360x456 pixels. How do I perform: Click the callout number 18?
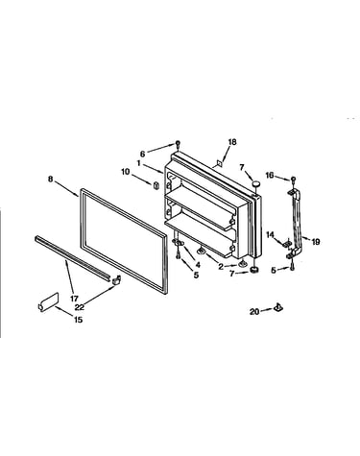click(232, 142)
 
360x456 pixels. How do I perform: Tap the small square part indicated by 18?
click(220, 163)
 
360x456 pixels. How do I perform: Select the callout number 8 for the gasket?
click(50, 180)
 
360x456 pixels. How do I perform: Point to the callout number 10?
click(126, 172)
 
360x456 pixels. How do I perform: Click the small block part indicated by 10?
click(156, 185)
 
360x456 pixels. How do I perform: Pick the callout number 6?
click(142, 154)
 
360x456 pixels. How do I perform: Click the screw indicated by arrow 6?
click(178, 144)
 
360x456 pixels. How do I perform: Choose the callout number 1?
click(138, 163)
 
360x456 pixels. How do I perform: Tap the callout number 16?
click(270, 175)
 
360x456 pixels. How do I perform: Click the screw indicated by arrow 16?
click(293, 180)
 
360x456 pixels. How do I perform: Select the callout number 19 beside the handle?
click(316, 242)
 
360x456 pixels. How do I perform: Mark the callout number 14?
click(271, 234)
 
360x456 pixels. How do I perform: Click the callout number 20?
click(254, 311)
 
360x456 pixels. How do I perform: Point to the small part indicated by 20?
click(278, 308)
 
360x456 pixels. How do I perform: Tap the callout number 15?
click(79, 320)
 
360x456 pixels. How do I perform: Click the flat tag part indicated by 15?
click(48, 301)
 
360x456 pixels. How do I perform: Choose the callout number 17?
click(74, 299)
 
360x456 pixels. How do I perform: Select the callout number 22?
click(80, 307)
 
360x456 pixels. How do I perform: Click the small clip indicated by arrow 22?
click(116, 279)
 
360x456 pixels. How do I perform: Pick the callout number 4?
click(198, 265)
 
